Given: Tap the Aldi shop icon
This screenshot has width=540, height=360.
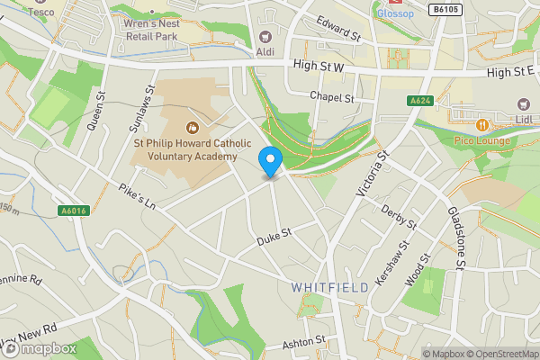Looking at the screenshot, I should click(265, 37).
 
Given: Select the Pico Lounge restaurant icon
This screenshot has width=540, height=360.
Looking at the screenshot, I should click(481, 124).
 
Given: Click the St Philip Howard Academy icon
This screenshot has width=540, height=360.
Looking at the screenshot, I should click(190, 128).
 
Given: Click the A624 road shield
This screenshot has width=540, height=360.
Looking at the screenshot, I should click(419, 102).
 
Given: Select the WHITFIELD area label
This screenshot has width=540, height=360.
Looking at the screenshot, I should click(329, 287).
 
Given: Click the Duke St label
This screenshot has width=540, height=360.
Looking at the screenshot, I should click(274, 238).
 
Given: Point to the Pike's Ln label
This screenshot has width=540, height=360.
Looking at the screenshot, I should click(137, 195).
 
